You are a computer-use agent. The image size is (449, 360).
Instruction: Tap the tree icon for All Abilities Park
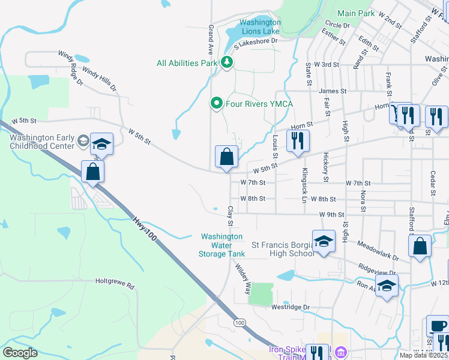pos(227,62)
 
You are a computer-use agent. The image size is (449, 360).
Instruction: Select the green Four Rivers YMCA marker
pos(217,104)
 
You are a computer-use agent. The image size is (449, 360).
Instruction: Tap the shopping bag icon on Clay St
pos(227,157)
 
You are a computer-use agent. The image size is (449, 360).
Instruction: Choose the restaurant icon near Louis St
pos(297,140)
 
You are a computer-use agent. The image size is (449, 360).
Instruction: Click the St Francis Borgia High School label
pos(282,249)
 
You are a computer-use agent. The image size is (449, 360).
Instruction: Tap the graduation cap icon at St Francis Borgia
pos(324,241)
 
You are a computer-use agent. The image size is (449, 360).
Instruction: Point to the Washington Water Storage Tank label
pos(221,245)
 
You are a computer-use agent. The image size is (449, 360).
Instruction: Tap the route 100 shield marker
pos(240,323)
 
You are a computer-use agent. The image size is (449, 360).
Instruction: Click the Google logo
pos(20,353)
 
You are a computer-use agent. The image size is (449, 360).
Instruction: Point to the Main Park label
pos(355,13)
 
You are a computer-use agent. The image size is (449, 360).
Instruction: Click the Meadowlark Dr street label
pos(376,250)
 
